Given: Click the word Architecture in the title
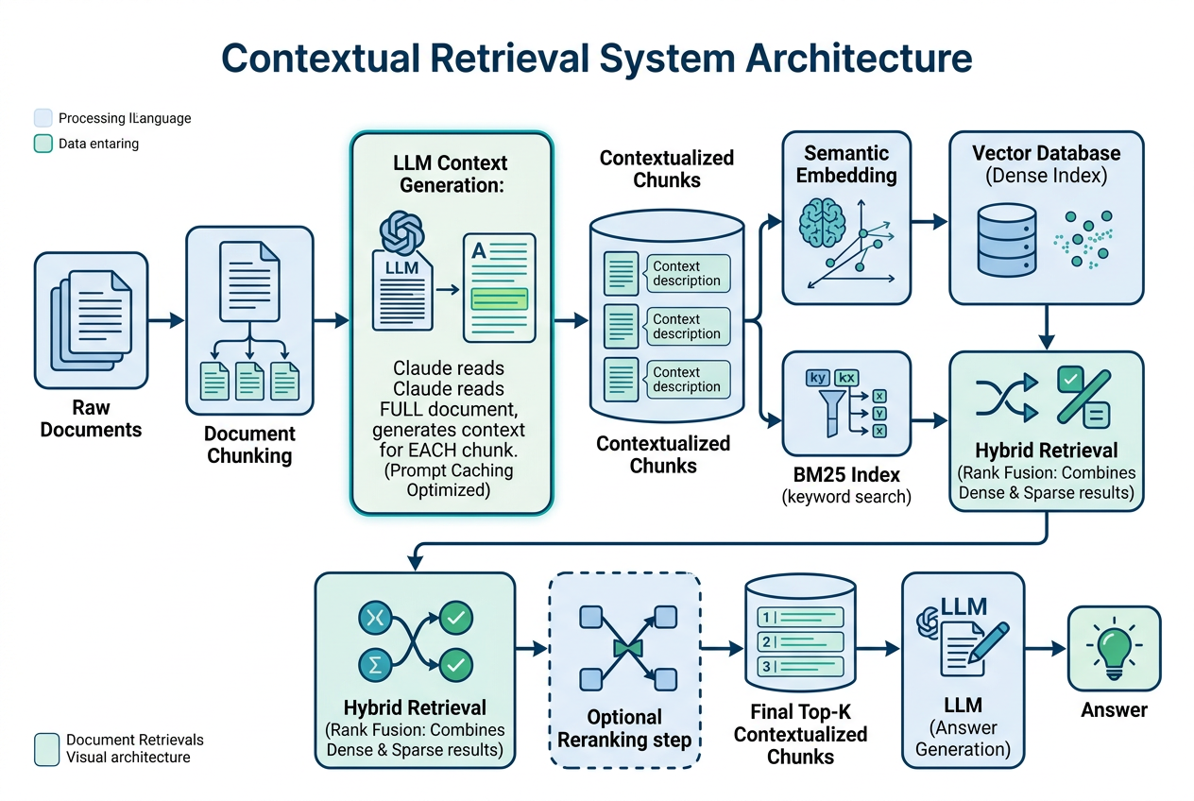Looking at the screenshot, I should pos(859,58).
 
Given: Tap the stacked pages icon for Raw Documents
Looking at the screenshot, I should pos(91,315).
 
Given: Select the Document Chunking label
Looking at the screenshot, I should pos(249,445).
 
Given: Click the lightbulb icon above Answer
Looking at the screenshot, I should pos(1114,648).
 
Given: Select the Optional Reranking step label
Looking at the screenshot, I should pos(623,728).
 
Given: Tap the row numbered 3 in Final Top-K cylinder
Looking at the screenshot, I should pos(800,667).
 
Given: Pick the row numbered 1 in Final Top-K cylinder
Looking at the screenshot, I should pos(800,618).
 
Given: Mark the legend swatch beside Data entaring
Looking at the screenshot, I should pos(43,144).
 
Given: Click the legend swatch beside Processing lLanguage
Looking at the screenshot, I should pos(43,118).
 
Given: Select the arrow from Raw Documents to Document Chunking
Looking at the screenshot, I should pos(166,321).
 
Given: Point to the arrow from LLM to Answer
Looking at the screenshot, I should pos(1045,649).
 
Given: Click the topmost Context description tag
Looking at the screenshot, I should pos(687,273).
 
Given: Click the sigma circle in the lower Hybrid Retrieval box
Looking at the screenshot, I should pos(374,665).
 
